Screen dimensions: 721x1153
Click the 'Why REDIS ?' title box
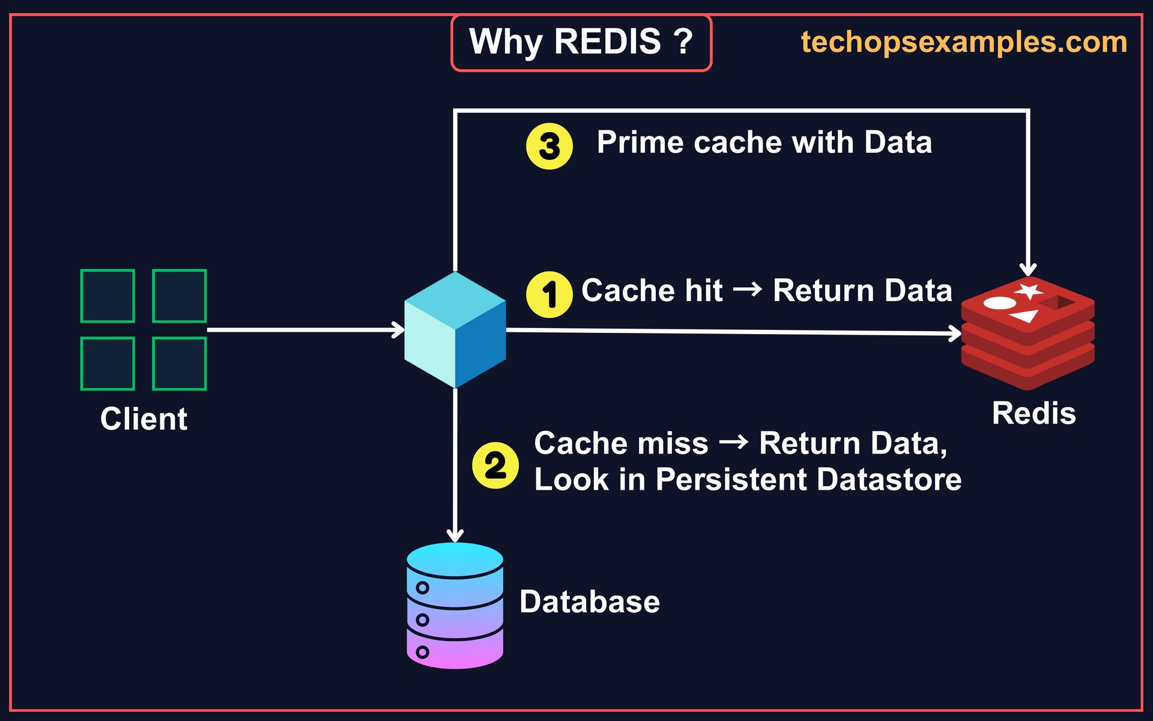coord(581,43)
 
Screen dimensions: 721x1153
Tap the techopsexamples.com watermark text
coord(964,42)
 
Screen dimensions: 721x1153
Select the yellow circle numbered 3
coord(549,146)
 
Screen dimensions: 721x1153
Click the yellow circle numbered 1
coord(549,294)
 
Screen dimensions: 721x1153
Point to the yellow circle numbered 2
coord(495,466)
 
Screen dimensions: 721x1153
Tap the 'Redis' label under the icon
coord(1033,413)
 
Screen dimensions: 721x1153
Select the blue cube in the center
coord(455,330)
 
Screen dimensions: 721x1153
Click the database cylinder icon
coord(455,605)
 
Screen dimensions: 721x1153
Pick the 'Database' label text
coord(589,601)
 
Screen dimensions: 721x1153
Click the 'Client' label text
coord(144,419)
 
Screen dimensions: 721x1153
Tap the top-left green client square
coord(107,296)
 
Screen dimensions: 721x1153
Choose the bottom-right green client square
coord(180,364)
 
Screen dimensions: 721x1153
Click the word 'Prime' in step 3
coord(640,143)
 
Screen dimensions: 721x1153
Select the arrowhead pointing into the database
coord(455,535)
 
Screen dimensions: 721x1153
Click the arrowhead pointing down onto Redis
coord(1028,269)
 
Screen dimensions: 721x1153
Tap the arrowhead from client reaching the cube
coord(398,330)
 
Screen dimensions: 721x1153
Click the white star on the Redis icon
coord(1029,291)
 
